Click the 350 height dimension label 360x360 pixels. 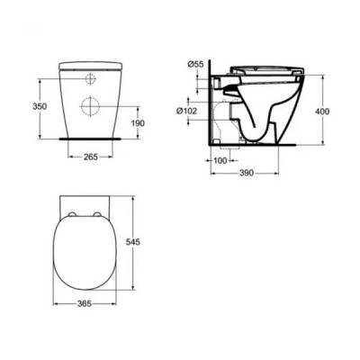coord(40,106)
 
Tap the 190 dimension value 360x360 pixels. coord(138,123)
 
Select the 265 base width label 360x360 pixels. coord(91,157)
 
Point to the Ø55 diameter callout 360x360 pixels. coord(195,64)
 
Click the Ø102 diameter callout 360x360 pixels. coord(187,111)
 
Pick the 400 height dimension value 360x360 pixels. coord(322,112)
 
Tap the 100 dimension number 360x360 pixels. coord(220,160)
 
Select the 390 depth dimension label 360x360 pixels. coord(247,173)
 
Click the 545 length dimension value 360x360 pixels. coord(133,242)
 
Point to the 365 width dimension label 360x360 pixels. coord(85,303)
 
